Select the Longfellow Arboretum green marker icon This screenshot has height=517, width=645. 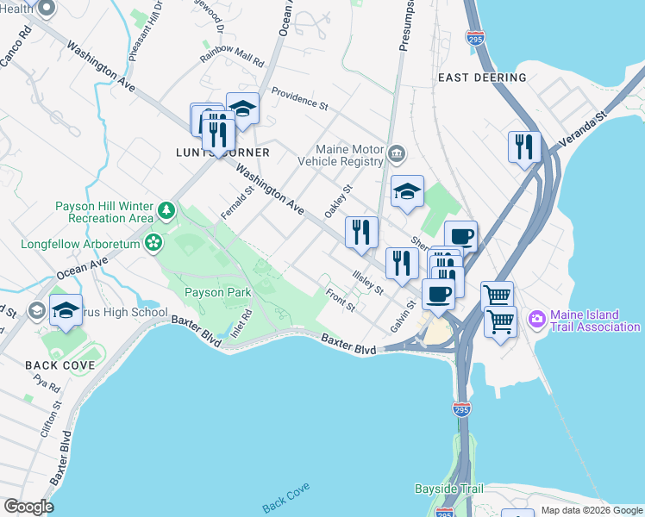[x=153, y=242]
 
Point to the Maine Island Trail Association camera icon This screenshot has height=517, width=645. [x=537, y=320]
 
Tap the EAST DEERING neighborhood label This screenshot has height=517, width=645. [x=482, y=78]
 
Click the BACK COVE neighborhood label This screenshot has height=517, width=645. [x=53, y=365]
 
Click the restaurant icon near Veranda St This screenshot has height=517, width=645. [x=523, y=146]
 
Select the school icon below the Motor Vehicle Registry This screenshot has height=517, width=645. [x=407, y=191]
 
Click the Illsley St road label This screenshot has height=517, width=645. [x=367, y=281]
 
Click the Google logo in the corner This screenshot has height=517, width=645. [x=28, y=507]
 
